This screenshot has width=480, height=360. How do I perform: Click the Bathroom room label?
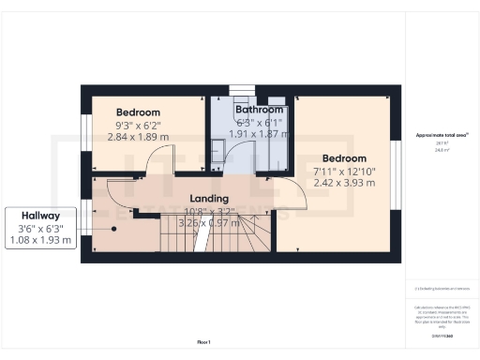coord(259,110)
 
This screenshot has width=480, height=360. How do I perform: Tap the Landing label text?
coord(210,199)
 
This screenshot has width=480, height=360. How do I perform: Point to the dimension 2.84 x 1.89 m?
coord(138,136)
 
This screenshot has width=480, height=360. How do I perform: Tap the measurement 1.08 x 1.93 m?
coord(41,241)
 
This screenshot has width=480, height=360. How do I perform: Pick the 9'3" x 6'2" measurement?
coord(138,124)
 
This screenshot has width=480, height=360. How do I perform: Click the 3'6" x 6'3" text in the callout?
coord(41,229)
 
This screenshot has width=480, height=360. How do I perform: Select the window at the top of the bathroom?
coord(242,90)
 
